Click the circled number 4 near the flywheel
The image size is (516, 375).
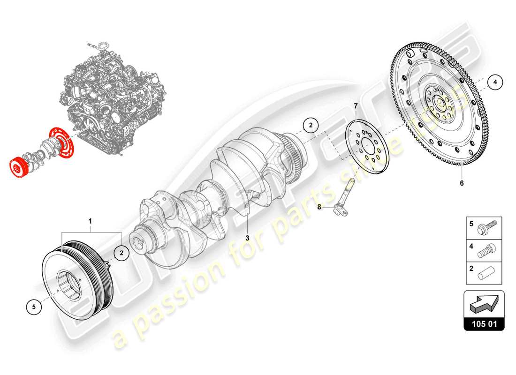pyautogui.click(x=495, y=82)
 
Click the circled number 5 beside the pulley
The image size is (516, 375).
pyautogui.click(x=34, y=307)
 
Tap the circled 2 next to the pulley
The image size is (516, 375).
pyautogui.click(x=121, y=253)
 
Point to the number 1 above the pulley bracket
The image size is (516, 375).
pyautogui.click(x=91, y=220)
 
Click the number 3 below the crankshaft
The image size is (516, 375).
pyautogui.click(x=247, y=238)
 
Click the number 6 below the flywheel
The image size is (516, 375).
pyautogui.click(x=461, y=183)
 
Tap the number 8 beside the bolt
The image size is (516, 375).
pyautogui.click(x=319, y=206)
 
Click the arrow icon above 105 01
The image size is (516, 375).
pyautogui.click(x=484, y=305)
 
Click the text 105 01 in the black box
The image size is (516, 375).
pyautogui.click(x=484, y=323)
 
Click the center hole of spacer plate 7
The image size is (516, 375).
pyautogui.click(x=367, y=148)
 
